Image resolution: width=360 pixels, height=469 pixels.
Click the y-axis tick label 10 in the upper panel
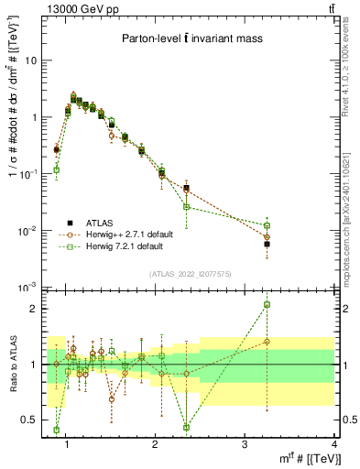(x=31, y=60)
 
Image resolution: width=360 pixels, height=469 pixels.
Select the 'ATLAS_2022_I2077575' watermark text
(x=190, y=274)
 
